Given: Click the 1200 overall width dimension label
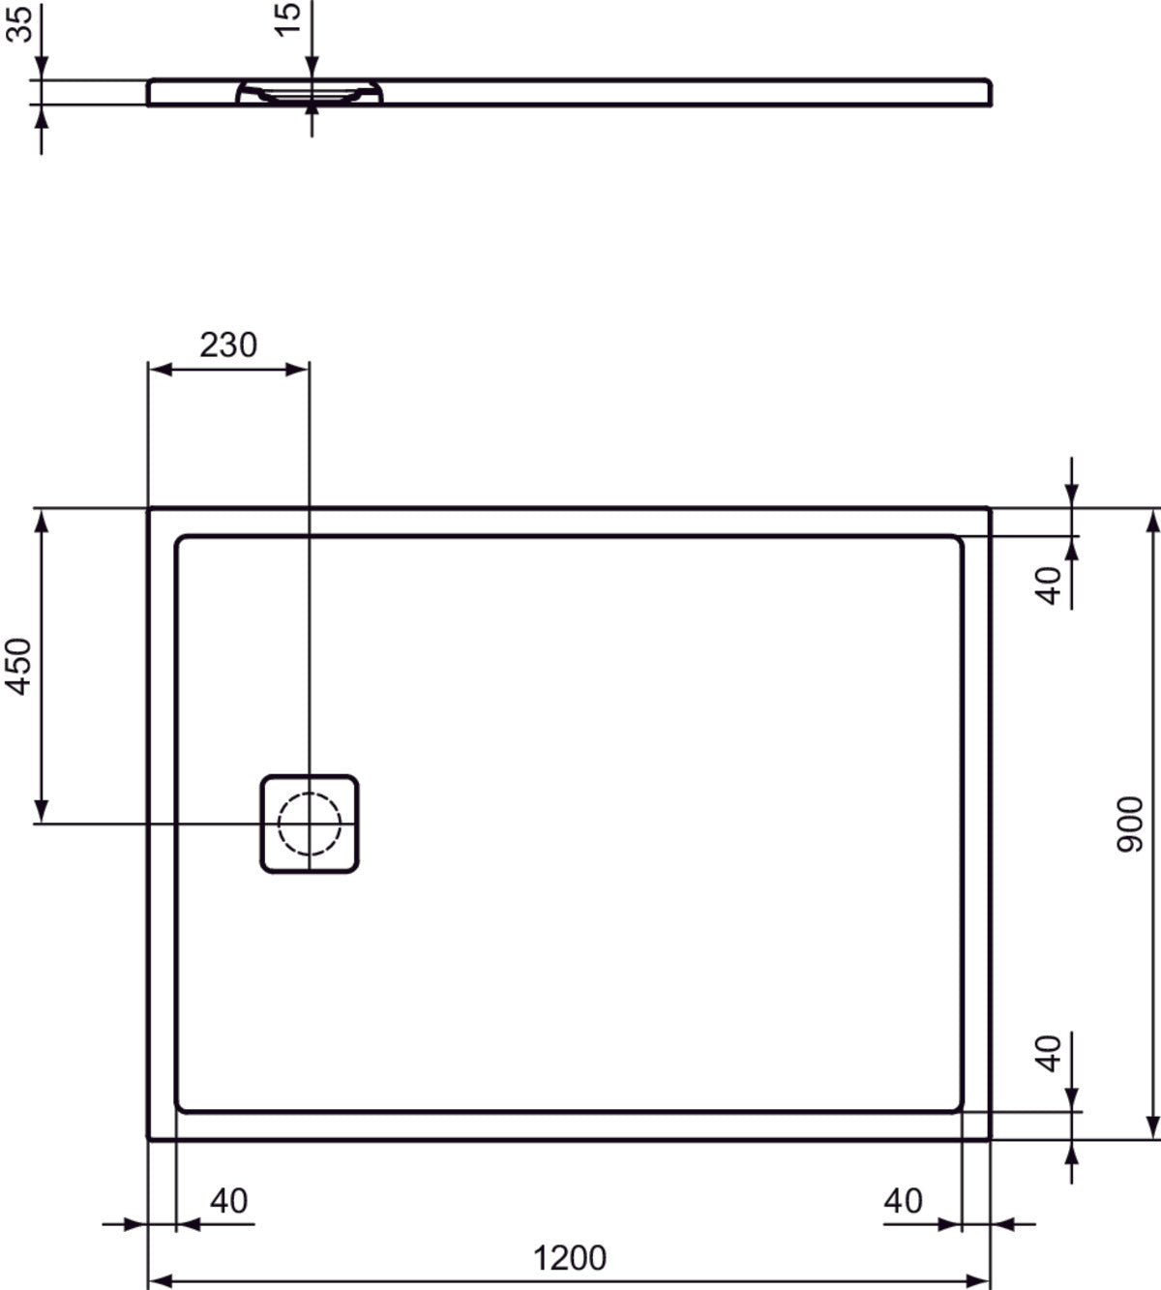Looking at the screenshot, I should tap(569, 1258).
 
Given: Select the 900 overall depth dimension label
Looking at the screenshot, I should tap(1129, 824).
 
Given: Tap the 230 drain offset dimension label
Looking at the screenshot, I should tap(228, 345).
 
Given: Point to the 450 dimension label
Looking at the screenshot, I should tap(19, 666).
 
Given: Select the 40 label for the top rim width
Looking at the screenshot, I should tap(1050, 585).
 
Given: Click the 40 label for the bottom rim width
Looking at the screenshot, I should tap(1050, 1053).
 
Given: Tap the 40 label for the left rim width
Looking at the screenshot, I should tap(229, 1201).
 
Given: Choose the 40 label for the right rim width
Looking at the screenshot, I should tap(903, 1201).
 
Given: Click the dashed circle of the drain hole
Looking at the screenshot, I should tap(310, 824).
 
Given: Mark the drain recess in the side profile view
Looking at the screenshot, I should tap(310, 94).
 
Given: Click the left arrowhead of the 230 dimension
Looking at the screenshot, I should tap(157, 369).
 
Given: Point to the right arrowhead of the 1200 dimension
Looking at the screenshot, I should tap(981, 1280).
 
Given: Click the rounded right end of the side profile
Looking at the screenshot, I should tap(988, 92).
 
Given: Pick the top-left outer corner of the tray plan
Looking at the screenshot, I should tap(149, 509).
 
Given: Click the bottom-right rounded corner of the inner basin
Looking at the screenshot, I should tap(957, 1105).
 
